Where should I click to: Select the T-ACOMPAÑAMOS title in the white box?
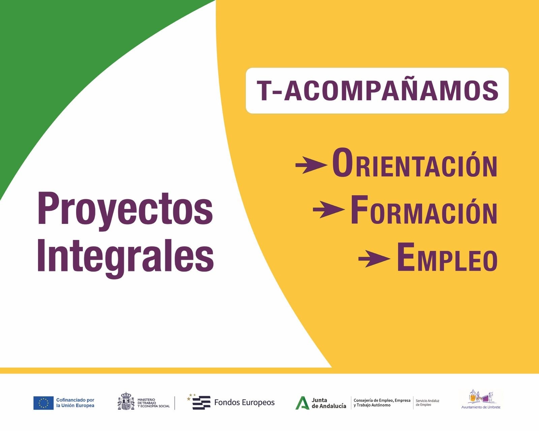(377, 91)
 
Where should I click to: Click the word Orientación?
(414, 164)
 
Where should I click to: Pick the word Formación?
(424, 211)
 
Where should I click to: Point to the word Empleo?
(447, 259)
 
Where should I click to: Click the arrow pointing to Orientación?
(311, 165)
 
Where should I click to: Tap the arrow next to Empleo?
(374, 259)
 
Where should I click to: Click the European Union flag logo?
(43, 403)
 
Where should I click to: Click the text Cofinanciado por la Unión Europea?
(75, 403)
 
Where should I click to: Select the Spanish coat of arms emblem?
(126, 401)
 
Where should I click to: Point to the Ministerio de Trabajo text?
(153, 403)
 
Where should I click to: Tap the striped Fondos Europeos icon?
(200, 402)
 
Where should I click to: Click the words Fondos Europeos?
(244, 402)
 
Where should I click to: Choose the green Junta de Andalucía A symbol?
(302, 403)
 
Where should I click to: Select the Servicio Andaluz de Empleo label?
(427, 403)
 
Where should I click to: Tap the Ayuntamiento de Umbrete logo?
(481, 399)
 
